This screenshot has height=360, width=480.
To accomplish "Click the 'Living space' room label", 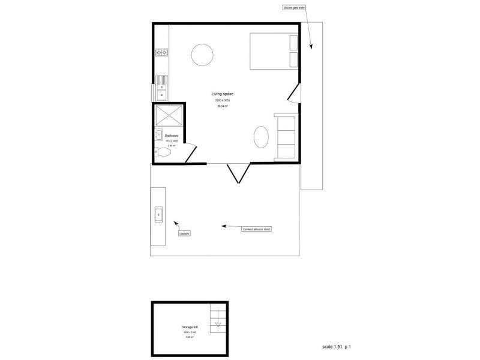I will coord(222,94).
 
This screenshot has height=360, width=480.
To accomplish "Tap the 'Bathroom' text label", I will coord(172,136).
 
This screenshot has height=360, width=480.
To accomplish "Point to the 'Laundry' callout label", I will coord(184,233).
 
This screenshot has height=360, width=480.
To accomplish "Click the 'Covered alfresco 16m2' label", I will coord(257,229).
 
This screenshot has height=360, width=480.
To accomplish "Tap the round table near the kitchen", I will coord(202,55).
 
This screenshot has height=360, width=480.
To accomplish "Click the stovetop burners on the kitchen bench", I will coord(161,52).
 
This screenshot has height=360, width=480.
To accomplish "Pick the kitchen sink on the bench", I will coord(162,86).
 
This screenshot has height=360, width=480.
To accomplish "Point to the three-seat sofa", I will coord(285,136).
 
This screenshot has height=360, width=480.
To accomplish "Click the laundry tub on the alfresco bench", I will coord(159,214).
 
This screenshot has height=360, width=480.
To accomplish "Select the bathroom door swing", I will coord(191,153).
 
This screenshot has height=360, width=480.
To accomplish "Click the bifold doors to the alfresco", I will coord(238,173).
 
